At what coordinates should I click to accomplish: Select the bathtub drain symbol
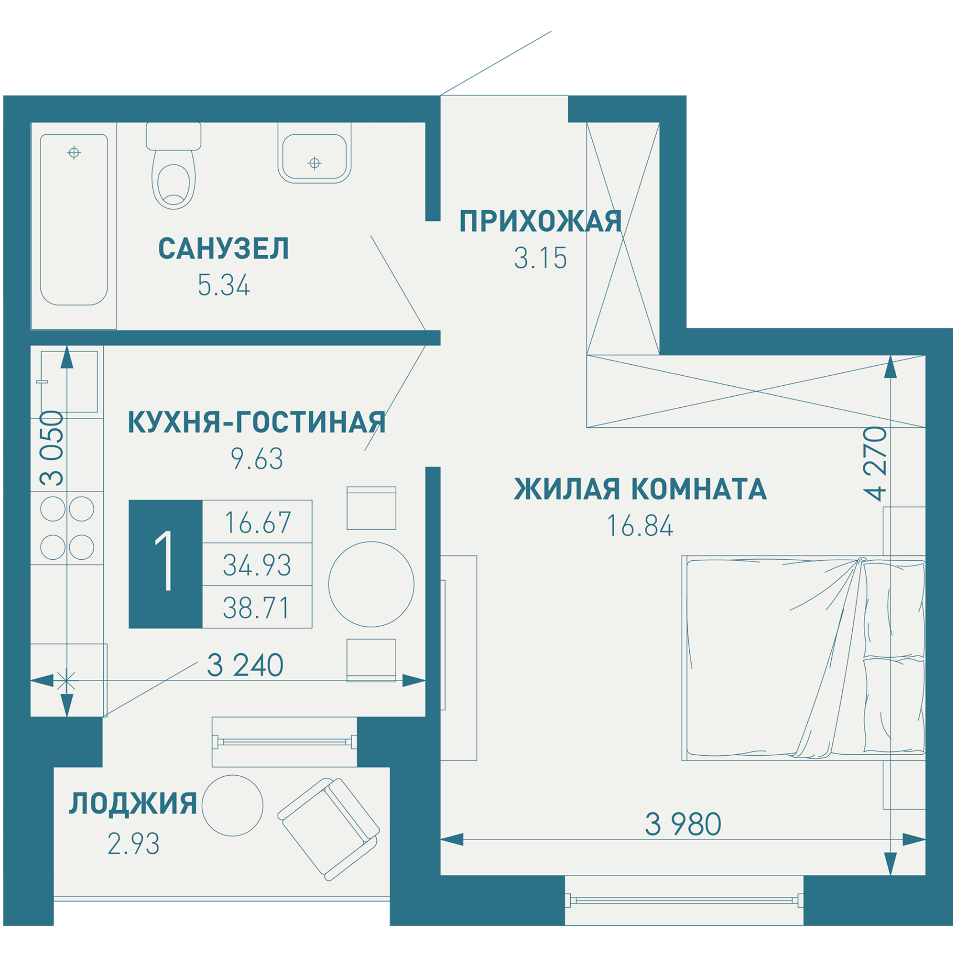click(74, 152)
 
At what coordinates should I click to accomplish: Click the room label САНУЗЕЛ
click(224, 249)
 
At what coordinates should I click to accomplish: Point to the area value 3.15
click(540, 258)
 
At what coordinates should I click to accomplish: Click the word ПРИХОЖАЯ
click(540, 221)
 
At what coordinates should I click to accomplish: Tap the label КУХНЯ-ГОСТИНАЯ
click(256, 423)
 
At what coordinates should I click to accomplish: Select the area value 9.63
click(257, 459)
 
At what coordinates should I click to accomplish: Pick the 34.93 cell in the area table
click(257, 565)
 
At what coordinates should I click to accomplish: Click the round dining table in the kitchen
click(371, 584)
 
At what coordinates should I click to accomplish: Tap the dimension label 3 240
click(245, 665)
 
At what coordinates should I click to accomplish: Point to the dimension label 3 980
click(683, 824)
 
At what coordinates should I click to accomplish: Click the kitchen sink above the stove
click(69, 381)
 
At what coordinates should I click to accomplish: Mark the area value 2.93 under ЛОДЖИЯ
click(134, 844)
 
